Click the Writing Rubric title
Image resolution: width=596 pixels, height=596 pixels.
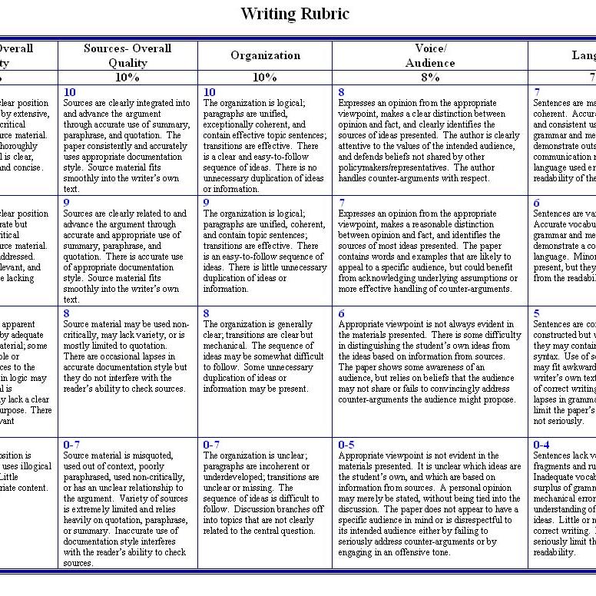point(294,14)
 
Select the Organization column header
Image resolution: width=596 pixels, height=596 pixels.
point(265,55)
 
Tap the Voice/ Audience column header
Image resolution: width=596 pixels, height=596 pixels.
point(430,55)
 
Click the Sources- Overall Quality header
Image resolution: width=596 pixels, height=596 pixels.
point(127,55)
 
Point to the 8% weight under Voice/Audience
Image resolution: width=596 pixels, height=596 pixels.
point(430,77)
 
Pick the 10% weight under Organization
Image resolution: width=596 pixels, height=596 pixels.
point(265,77)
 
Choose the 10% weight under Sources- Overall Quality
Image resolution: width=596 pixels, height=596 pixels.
point(127,77)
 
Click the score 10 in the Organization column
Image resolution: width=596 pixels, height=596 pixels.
point(209,92)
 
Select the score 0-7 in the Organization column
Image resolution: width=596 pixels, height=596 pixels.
point(211,444)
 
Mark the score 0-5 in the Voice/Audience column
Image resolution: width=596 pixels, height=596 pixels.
point(346,444)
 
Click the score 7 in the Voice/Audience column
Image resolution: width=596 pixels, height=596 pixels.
point(341,203)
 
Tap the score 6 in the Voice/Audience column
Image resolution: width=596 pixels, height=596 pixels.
point(341,313)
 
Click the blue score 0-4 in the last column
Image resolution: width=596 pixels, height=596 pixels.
point(541,444)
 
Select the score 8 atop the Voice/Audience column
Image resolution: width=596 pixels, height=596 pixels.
point(341,92)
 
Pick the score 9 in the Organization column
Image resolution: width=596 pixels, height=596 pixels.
point(206,203)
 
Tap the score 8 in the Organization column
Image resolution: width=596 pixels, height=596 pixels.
point(206,313)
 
